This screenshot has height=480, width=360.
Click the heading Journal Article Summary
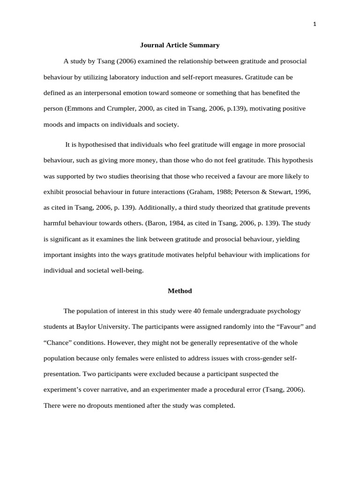click(180, 45)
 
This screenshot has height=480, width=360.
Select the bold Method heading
click(180, 291)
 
